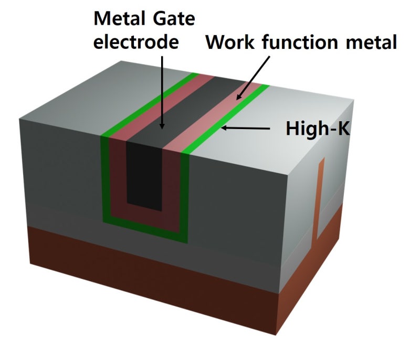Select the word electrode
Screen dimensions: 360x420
(136, 42)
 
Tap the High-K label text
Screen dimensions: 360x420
(318, 128)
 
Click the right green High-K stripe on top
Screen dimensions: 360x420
(231, 118)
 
